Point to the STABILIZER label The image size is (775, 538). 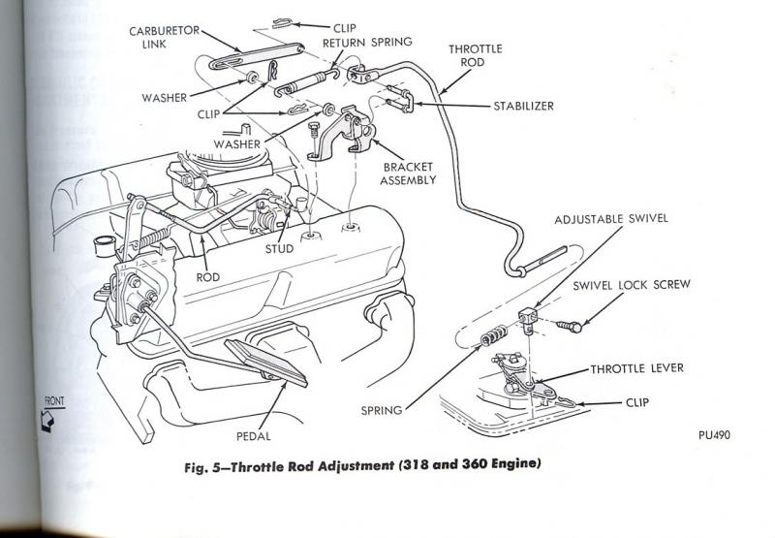(x=521, y=107)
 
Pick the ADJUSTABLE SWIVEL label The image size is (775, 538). (x=612, y=219)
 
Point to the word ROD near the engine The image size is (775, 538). (x=208, y=276)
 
